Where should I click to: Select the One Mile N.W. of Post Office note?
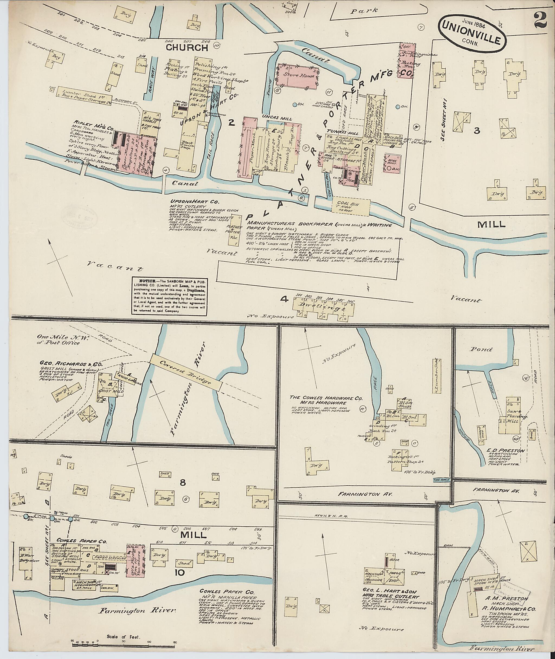58,340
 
